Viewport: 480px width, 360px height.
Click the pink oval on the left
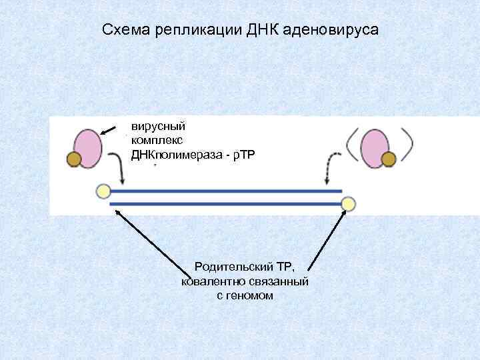point(87,146)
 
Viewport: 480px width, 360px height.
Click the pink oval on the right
point(375,146)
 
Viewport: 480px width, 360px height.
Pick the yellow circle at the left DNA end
point(103,191)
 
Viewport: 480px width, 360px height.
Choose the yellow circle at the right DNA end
point(348,203)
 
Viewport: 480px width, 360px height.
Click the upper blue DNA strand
point(227,192)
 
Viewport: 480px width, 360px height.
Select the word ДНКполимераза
point(176,155)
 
